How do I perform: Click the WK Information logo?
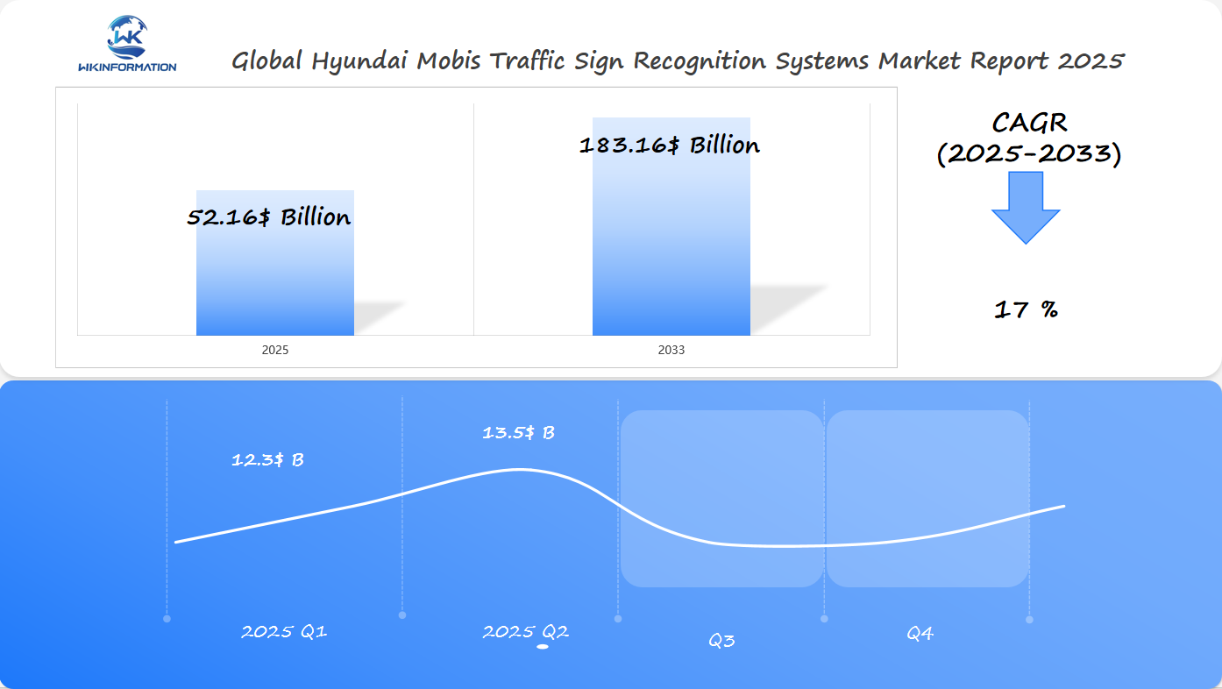tap(127, 44)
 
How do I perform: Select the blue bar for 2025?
tap(274, 281)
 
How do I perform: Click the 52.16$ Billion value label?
tap(269, 217)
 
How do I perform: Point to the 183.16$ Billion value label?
tap(670, 146)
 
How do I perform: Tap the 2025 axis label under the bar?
tap(274, 350)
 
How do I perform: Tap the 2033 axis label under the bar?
tap(671, 350)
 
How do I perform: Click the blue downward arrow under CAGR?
tap(1026, 208)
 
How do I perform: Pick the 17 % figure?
tap(1026, 309)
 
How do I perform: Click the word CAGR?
tap(1029, 123)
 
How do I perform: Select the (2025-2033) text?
tap(1029, 154)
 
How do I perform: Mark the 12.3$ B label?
tap(267, 459)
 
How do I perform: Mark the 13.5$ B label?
tap(518, 432)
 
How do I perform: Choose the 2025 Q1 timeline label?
tap(284, 631)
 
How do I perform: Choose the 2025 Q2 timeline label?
tap(525, 631)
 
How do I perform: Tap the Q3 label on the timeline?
tap(721, 641)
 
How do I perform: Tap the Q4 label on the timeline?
tap(920, 633)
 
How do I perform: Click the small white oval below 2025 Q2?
tap(543, 647)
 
